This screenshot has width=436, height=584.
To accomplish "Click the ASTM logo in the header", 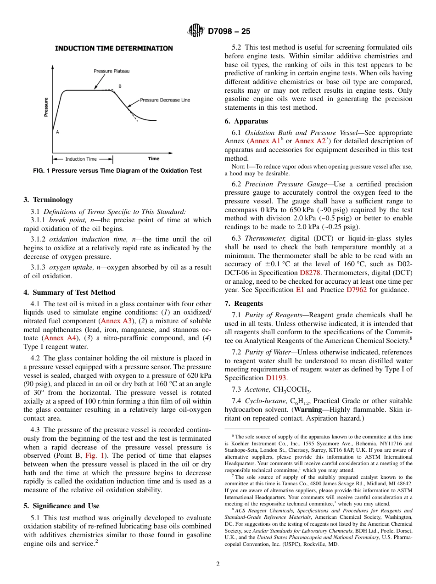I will [196, 31].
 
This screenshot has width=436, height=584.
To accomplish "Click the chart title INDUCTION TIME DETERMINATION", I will [114, 48].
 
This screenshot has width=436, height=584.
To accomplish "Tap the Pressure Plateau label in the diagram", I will [112, 71].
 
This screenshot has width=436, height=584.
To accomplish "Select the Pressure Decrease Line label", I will [165, 100].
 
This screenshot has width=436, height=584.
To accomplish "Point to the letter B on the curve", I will [120, 86].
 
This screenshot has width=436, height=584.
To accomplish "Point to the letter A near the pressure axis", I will [57, 132].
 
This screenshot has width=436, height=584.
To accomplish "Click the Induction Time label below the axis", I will [81, 159].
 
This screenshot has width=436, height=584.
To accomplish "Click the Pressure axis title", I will [46, 107].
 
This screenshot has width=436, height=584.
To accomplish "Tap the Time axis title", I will [154, 159].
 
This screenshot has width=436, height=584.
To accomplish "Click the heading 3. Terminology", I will [48, 200].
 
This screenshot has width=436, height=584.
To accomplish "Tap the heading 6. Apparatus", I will [246, 121].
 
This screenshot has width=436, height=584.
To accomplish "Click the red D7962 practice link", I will [356, 290].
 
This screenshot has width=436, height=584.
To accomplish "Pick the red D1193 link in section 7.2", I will [276, 378].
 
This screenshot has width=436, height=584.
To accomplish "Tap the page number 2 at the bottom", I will [218, 564].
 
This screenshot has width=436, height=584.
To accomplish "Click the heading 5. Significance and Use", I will [61, 506].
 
